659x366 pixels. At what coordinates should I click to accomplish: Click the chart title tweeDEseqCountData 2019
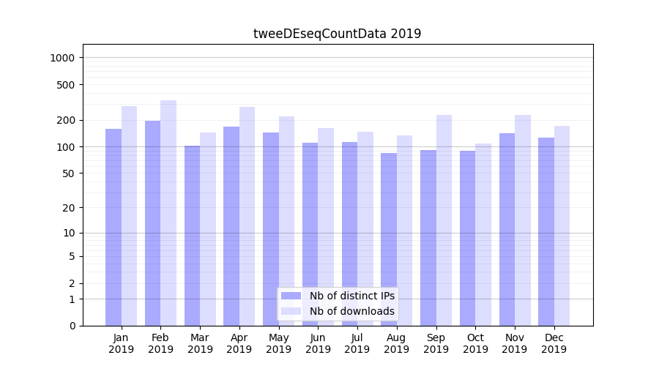pos(337,34)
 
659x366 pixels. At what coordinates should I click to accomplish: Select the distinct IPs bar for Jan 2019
pos(113,227)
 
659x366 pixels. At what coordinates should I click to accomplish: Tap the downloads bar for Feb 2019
pos(168,212)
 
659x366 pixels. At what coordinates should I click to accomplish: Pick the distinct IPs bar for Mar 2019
pos(192,234)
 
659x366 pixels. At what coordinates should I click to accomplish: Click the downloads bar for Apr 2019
pos(247,216)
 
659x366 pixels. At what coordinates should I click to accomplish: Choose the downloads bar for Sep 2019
pos(444,220)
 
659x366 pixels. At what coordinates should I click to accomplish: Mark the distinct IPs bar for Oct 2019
pos(467,238)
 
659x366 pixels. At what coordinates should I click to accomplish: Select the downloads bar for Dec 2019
pos(562,225)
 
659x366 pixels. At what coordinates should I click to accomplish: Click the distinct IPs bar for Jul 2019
pos(349,233)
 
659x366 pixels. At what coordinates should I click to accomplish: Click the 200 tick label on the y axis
pos(67,120)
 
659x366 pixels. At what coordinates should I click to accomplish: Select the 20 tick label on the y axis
pos(70,207)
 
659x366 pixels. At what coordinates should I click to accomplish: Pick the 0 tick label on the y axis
pos(72,326)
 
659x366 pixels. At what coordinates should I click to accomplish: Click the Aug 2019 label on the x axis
pos(396,343)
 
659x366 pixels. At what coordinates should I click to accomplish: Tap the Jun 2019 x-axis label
pos(318,343)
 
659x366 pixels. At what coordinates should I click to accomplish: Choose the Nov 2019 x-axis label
pos(515,343)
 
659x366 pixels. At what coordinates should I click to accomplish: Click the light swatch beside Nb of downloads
pos(291,311)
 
